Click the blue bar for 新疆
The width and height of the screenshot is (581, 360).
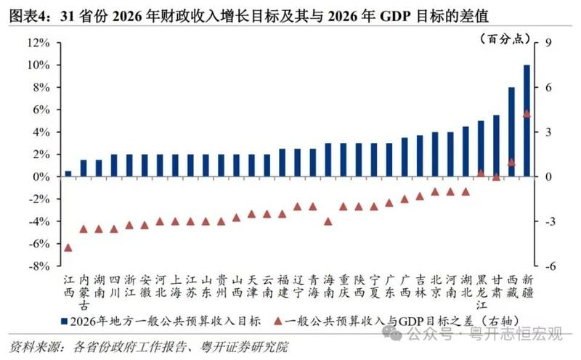[527, 120]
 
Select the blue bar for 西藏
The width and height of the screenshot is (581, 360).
[511, 132]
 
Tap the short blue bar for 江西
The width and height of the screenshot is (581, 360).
[68, 173]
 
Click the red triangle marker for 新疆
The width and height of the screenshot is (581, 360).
[527, 113]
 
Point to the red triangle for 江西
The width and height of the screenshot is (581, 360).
[68, 247]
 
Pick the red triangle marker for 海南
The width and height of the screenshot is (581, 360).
[328, 221]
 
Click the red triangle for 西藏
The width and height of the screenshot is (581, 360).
[511, 162]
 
